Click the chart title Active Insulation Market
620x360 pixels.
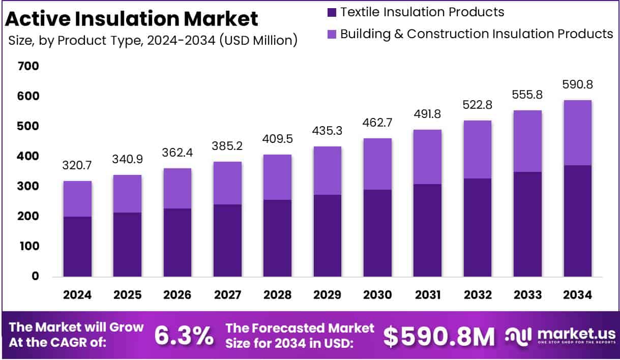pos(132,19)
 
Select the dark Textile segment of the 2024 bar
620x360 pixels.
pos(77,247)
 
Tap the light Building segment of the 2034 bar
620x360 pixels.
pos(577,133)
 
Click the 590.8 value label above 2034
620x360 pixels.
pos(577,84)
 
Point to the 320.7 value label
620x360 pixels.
pos(77,165)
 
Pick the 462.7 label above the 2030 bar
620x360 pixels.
pos(377,123)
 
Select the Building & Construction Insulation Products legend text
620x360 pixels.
pos(477,34)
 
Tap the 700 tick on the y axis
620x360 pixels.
pos(28,66)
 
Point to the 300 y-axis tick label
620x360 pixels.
pos(28,186)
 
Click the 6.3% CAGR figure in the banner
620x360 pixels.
pos(184,335)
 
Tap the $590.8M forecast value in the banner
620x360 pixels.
pos(438,336)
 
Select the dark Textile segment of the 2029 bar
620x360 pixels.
pos(328,235)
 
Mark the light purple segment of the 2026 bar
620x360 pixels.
pos(178,188)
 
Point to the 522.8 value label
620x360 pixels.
pos(478,105)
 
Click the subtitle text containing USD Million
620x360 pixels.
pos(153,40)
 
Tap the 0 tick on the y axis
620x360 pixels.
pos(35,276)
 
